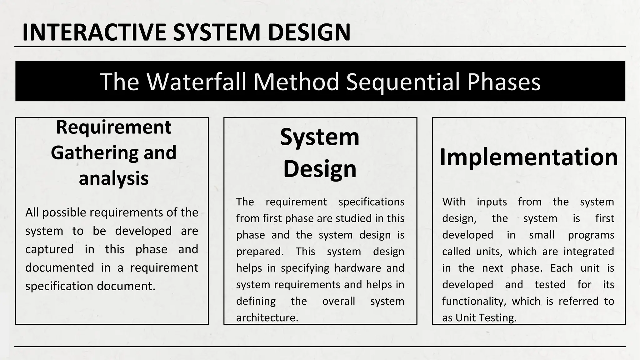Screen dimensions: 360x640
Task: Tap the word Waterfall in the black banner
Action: tap(196, 82)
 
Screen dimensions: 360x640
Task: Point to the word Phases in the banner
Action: tap(504, 82)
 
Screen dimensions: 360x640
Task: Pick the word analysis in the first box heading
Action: tap(113, 178)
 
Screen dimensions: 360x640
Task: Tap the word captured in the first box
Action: tap(50, 249)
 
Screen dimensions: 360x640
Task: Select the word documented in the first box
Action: tap(60, 268)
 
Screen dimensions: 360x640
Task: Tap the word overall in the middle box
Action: tap(338, 301)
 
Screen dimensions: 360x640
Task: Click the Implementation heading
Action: tap(529, 157)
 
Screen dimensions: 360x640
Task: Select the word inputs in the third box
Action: tap(492, 202)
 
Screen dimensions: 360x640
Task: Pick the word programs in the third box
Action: tap(591, 235)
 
